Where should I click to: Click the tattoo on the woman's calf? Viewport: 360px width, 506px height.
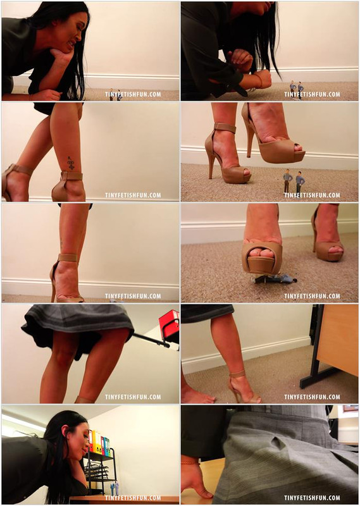tap(71, 163)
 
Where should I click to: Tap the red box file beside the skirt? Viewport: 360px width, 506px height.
tap(169, 325)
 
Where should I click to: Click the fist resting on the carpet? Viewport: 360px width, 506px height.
tap(262, 78)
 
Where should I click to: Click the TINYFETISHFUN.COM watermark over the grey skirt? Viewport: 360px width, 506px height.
tap(312, 498)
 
